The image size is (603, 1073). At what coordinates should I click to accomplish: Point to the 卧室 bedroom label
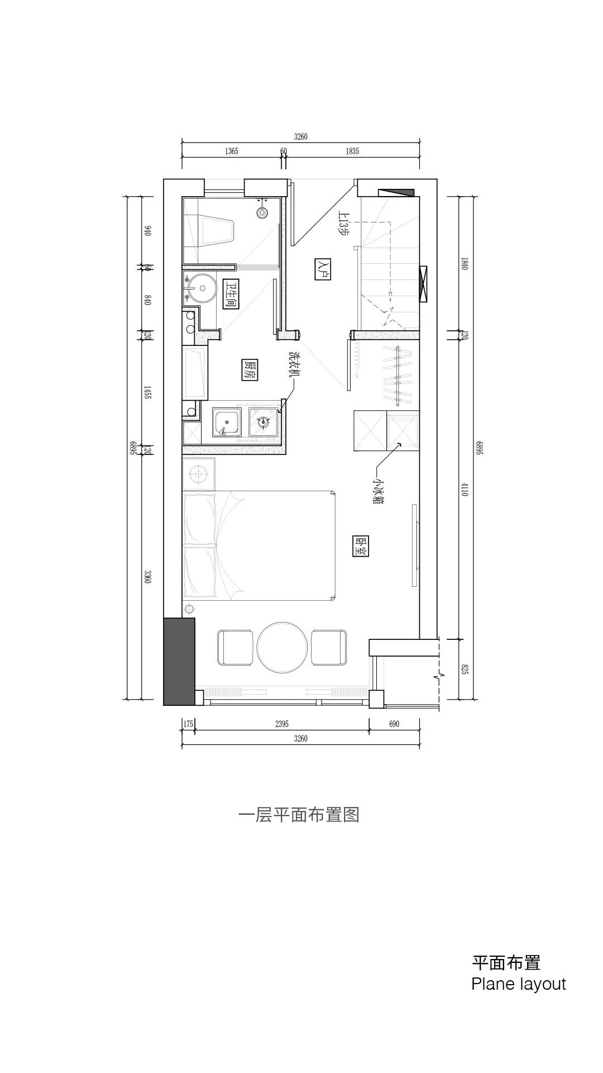pos(361,547)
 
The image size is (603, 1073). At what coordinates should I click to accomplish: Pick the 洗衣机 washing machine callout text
pos(294,367)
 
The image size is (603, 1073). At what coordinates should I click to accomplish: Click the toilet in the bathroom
pos(218,231)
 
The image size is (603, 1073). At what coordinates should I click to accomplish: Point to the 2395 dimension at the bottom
pos(282,724)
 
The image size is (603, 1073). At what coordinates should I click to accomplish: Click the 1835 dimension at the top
pos(352,151)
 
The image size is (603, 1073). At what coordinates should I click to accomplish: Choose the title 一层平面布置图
pos(299,815)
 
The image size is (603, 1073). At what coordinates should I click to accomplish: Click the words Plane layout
pos(518,984)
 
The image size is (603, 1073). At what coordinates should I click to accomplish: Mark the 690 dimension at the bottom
pos(394,724)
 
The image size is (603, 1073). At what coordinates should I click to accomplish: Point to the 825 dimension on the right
pos(465,669)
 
